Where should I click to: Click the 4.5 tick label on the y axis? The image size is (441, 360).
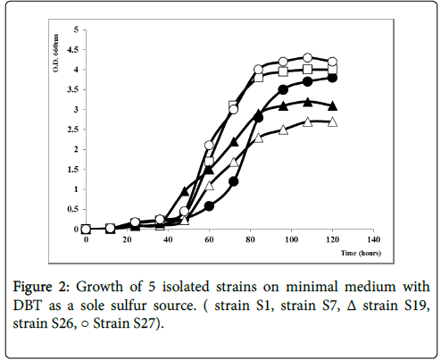coord(72,49)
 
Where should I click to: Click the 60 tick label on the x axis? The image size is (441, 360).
coord(209,239)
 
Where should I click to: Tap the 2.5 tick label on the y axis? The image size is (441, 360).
coord(72,130)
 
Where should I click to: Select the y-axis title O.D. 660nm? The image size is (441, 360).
coord(55,54)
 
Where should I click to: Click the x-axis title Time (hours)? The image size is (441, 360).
coord(361,253)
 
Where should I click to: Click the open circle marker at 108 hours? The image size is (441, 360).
coord(307,57)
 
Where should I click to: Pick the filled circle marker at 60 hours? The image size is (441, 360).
coord(209,206)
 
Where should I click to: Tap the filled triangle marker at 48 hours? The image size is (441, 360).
coord(185,191)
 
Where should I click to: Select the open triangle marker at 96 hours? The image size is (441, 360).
coord(283,130)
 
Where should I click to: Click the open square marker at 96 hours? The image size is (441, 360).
coord(283,71)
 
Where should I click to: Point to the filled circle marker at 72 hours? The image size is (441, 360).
coord(234,181)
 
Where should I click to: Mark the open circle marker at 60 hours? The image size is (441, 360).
coord(209,146)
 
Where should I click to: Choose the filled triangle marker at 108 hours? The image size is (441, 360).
coord(308,102)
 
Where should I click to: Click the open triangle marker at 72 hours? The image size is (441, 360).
coord(234,162)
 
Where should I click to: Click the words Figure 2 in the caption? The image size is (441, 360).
coord(41,288)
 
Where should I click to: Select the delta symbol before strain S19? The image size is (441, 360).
coord(352,306)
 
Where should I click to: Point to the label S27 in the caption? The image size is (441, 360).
coord(145,323)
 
